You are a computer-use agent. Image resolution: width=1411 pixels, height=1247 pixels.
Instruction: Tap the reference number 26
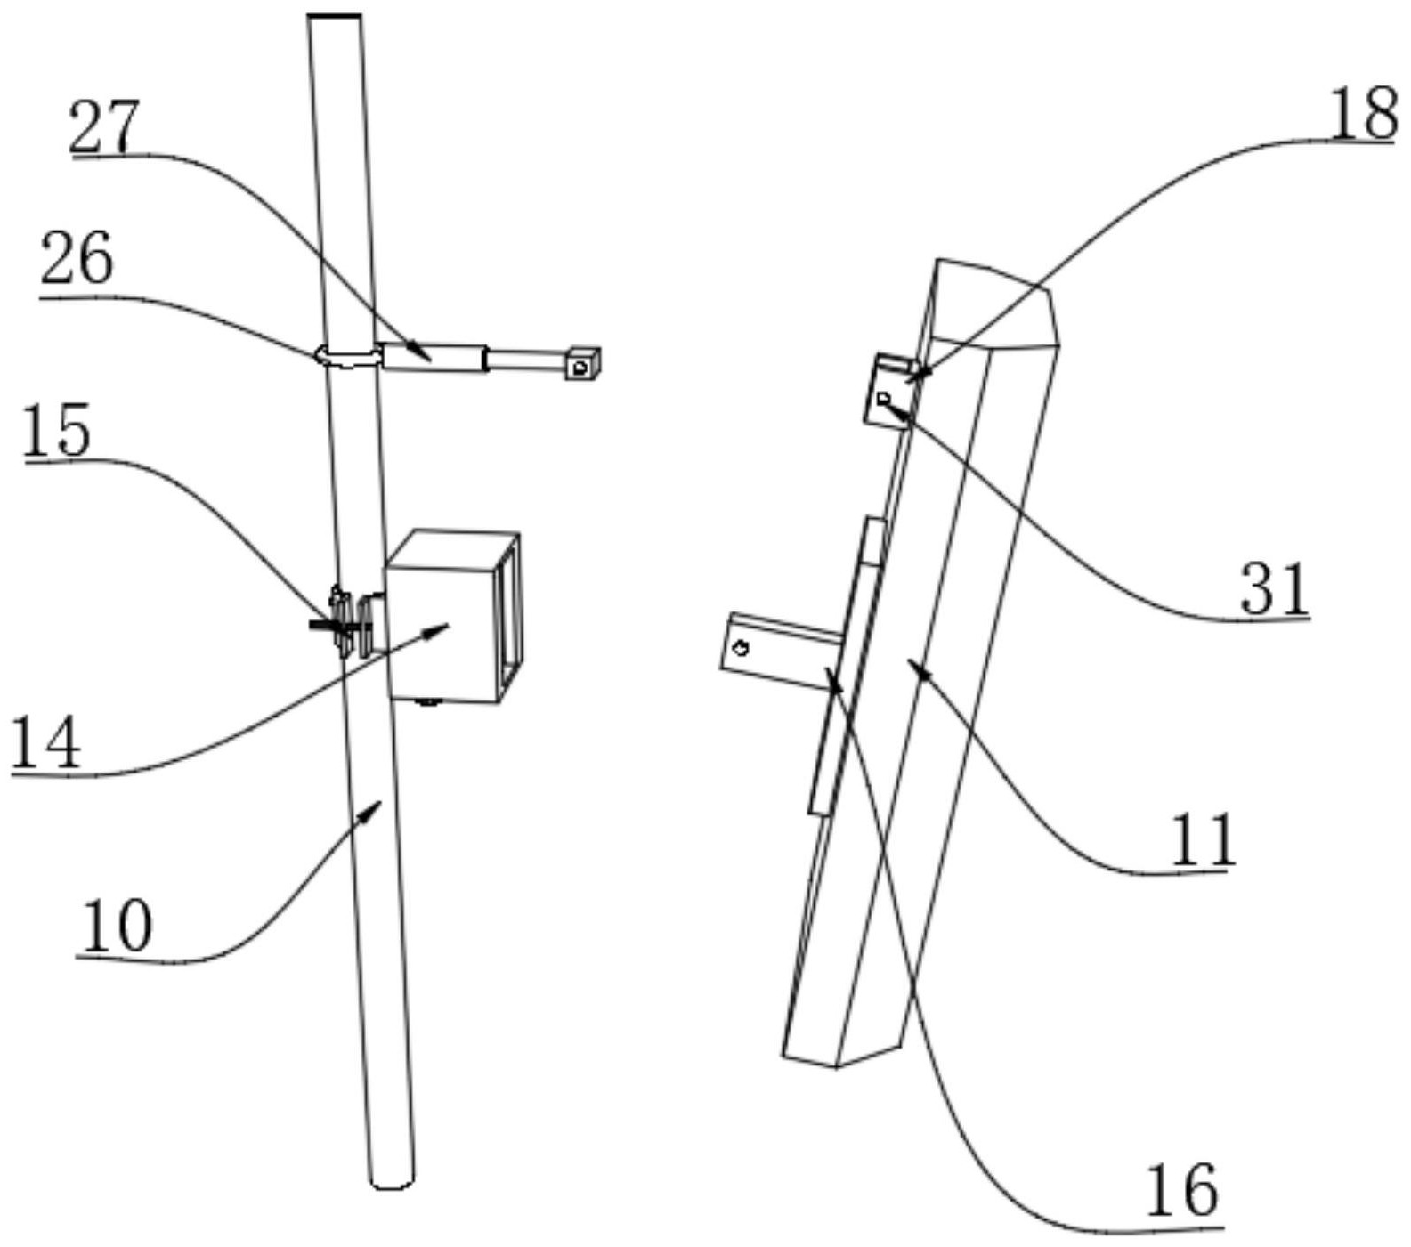(77, 259)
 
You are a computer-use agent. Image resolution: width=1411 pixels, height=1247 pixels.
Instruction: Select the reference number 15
(57, 430)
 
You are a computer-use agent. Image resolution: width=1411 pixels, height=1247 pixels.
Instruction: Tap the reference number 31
(1275, 588)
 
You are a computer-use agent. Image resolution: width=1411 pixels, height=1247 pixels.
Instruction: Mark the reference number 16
(1180, 1192)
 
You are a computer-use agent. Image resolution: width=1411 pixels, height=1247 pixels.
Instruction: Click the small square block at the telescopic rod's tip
(582, 363)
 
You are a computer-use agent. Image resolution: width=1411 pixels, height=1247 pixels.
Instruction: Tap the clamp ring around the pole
(347, 357)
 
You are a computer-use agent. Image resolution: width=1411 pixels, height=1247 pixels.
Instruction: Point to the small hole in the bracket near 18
(883, 398)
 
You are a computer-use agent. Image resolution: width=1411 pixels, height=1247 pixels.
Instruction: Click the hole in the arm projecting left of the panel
(740, 648)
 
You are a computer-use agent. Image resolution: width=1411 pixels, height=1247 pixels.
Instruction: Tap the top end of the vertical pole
(334, 17)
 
